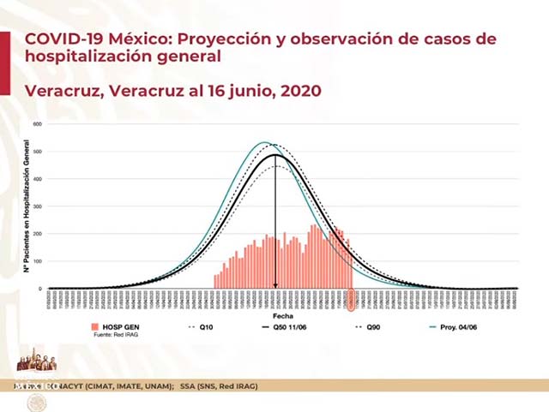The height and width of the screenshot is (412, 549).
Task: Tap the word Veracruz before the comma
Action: pos(62,90)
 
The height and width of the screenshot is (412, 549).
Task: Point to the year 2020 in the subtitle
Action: pos(299,90)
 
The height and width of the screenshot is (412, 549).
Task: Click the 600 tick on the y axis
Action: pos(38,124)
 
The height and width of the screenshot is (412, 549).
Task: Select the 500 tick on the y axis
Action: pos(38,152)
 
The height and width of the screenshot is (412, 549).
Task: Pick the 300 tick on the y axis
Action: pos(38,206)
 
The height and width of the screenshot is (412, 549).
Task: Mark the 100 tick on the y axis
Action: pos(38,261)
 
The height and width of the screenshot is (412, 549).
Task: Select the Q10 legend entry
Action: pos(207,326)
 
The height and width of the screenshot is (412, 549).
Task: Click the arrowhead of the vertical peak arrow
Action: pos(275,286)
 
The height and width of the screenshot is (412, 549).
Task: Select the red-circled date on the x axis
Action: pos(350,299)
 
